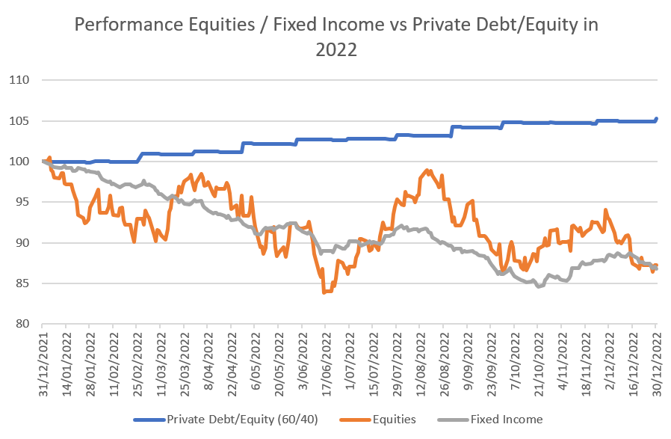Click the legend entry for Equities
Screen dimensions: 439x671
click(391, 419)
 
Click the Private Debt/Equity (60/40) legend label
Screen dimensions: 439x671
click(243, 419)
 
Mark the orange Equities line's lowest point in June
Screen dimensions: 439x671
click(324, 292)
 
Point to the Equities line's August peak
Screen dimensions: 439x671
click(426, 171)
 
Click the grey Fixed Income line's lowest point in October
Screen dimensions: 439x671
click(538, 286)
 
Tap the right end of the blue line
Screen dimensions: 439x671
click(656, 118)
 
